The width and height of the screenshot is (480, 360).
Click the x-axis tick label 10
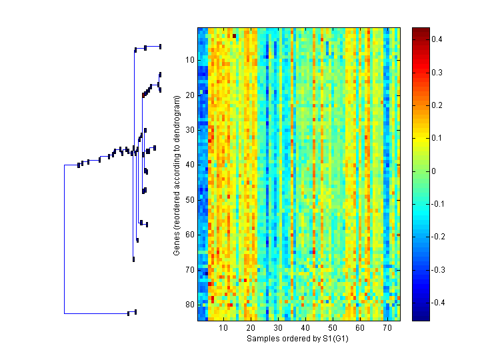click(223, 329)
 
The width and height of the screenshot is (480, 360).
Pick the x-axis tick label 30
click(278, 329)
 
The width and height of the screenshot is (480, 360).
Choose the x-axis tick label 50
click(333, 329)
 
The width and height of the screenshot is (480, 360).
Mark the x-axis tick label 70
click(387, 329)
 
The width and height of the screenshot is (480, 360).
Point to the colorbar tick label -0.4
click(439, 303)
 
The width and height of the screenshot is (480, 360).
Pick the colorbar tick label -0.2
click(439, 237)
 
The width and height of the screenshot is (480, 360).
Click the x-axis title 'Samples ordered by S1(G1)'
click(298, 339)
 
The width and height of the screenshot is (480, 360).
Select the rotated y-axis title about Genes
click(177, 175)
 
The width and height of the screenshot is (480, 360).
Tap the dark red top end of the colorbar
click(421, 30)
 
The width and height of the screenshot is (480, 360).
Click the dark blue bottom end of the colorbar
click(421, 318)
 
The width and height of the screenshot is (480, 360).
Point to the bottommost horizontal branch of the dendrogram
click(97, 313)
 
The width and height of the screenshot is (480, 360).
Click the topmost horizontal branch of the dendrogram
click(147, 47)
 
